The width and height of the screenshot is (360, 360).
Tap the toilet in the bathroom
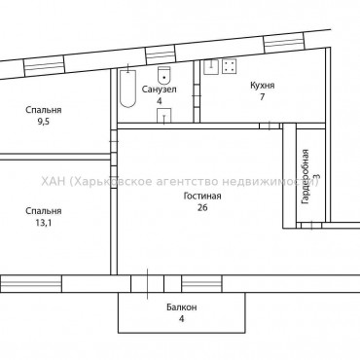coord(163,76)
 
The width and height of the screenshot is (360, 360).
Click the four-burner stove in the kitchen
coord(231,67)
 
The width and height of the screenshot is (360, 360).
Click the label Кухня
coord(234,86)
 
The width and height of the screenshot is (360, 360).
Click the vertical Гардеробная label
coord(305,176)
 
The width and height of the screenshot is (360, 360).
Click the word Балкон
coord(180,307)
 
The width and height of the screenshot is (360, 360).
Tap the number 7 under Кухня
coord(234,98)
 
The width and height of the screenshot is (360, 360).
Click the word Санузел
coord(159,89)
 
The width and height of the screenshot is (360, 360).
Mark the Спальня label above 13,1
coord(43,209)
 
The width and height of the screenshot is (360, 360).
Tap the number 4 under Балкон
coord(180,319)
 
